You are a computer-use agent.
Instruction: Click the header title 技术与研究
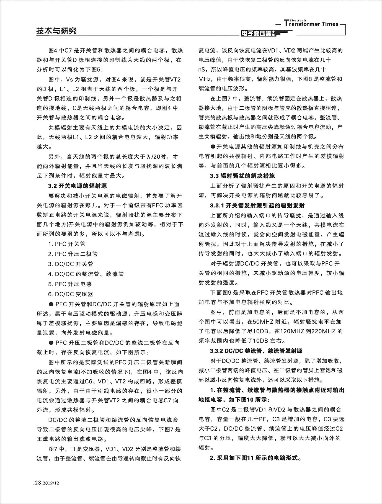click(56, 31)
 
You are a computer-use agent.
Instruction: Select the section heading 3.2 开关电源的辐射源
click(77, 186)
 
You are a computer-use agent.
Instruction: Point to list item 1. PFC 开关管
click(67, 244)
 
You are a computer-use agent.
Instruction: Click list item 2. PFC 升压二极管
click(73, 254)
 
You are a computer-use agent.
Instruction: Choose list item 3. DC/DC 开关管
click(71, 264)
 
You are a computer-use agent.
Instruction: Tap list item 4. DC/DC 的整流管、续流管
click(86, 274)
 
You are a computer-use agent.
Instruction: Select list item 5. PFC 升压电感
click(70, 284)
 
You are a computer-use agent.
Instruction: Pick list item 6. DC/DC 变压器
click(71, 294)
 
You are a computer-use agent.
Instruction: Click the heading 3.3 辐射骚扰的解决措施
click(242, 176)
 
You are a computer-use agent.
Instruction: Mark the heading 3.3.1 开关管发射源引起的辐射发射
click(257, 205)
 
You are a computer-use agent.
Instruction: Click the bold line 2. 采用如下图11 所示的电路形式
click(255, 458)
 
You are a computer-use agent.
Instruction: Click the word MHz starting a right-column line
click(204, 79)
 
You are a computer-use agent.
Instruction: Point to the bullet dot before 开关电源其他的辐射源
click(213, 146)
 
